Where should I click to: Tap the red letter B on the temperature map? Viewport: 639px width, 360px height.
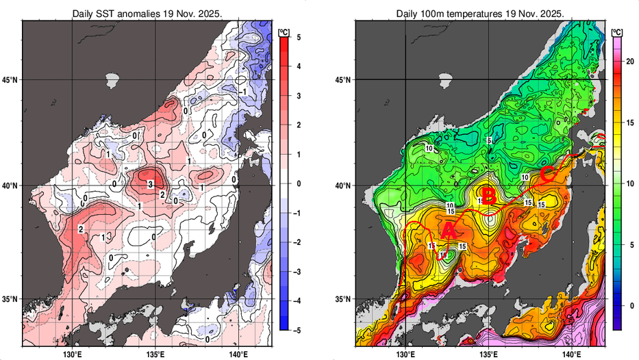[x=488, y=197]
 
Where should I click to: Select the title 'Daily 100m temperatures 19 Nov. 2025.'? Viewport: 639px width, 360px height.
[x=480, y=14]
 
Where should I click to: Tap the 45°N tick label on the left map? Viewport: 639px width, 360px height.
[x=11, y=80]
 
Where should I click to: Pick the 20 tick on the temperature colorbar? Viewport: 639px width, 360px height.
[x=631, y=62]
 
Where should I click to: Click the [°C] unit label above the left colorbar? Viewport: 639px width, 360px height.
[x=283, y=30]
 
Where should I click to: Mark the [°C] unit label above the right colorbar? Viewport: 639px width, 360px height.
[x=617, y=30]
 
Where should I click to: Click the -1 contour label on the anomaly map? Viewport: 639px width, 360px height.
[x=243, y=92]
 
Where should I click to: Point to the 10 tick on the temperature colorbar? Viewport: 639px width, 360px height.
[x=631, y=183]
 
